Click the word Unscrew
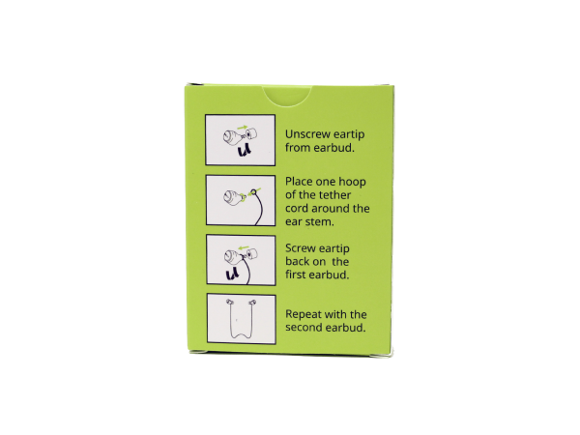point(308,134)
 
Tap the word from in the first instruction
point(299,150)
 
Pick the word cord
point(300,209)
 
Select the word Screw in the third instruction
point(302,247)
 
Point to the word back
point(301,261)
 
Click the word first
point(303,275)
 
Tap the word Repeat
point(305,314)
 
